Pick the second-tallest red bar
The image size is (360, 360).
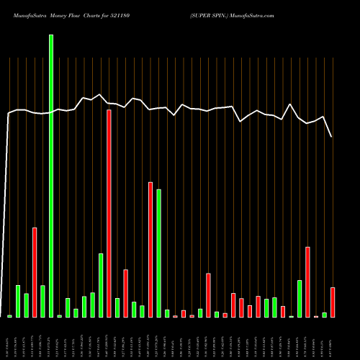pyautogui.click(x=150, y=249)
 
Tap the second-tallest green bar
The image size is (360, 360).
pyautogui.click(x=158, y=253)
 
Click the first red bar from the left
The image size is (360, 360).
pyautogui.click(x=35, y=272)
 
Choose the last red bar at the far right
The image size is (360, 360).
pyautogui.click(x=333, y=302)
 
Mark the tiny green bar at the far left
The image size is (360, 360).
pyautogui.click(x=10, y=316)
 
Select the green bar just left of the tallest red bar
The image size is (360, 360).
pyautogui.click(x=101, y=285)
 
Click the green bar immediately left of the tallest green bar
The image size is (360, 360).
pyautogui.click(x=42, y=301)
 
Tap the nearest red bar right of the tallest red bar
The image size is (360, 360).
pyautogui.click(x=125, y=293)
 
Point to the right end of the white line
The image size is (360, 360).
pyautogui.click(x=332, y=137)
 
